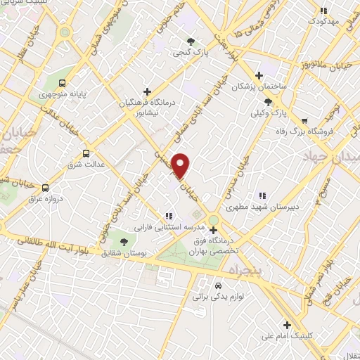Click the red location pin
[181, 165]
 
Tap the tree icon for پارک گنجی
[191, 40]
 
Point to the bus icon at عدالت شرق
[86, 153]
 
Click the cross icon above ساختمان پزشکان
[259, 76]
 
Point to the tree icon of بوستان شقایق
[124, 241]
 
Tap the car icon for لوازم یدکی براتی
[218, 285]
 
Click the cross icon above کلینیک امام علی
[286, 324]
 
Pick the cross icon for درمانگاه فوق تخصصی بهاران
[213, 229]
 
